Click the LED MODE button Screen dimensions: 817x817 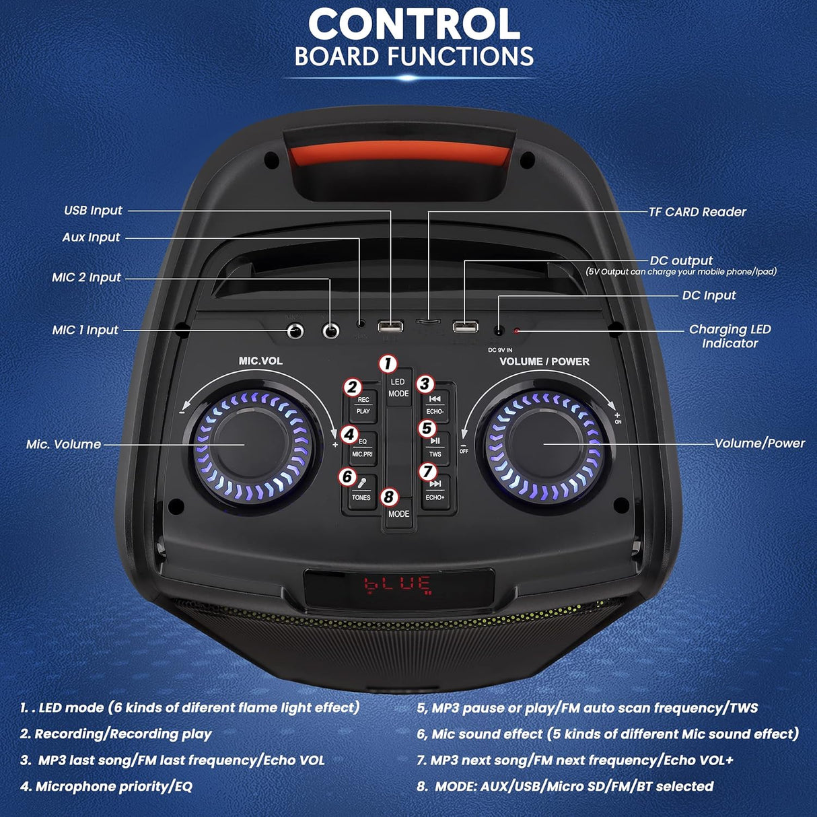398,388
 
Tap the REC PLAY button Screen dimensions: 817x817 363,406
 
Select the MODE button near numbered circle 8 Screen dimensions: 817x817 398,514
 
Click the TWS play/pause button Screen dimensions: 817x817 435,448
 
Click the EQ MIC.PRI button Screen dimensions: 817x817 362,448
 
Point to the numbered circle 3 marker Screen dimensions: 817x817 424,384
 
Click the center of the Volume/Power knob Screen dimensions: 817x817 544,443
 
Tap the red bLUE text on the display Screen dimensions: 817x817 398,583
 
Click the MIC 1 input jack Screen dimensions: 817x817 295,330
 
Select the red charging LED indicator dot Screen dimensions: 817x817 517,330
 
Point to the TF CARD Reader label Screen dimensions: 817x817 697,212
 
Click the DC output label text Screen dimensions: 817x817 681,260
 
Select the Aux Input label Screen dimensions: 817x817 91,238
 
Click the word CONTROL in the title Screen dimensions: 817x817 414,25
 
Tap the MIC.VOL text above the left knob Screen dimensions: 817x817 260,361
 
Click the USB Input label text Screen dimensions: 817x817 93,211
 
